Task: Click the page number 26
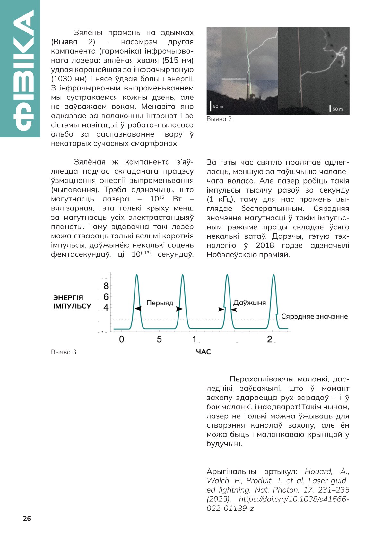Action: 27,519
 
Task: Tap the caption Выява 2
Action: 219,119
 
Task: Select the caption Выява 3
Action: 64,352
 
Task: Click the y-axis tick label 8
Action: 106,286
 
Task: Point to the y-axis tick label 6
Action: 106,297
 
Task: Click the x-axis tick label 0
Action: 121,339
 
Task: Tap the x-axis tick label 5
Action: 159,339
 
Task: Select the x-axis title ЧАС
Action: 203,352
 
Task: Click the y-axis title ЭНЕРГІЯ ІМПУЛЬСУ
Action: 72,302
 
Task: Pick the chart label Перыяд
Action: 160,303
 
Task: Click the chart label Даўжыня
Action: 249,303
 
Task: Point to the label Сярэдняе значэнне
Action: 314,317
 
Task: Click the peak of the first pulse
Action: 137,275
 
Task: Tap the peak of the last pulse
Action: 273,275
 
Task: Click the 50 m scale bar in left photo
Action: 211,106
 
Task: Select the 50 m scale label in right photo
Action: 337,109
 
